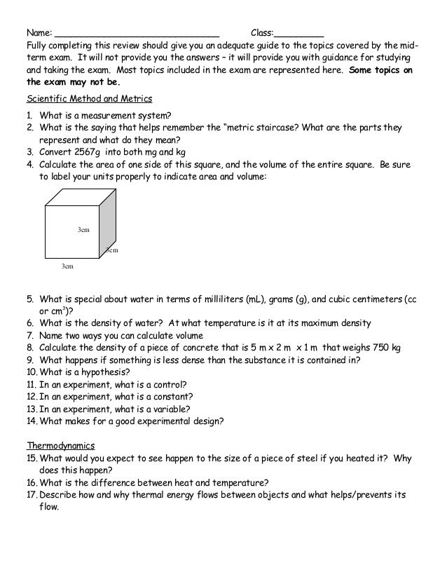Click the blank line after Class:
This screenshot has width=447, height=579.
click(x=299, y=34)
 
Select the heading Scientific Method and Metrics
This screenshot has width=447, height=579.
click(x=89, y=97)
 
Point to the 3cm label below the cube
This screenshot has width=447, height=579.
click(x=67, y=266)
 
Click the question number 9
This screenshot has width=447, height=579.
click(x=31, y=360)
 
